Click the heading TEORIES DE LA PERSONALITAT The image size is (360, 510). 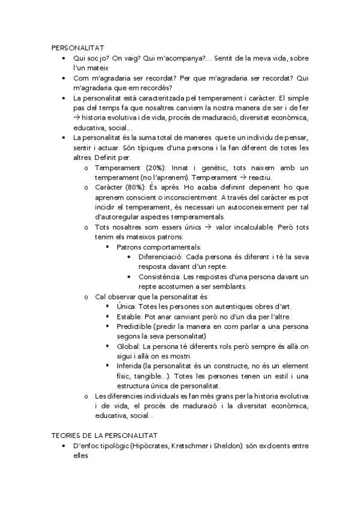pos(103,434)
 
